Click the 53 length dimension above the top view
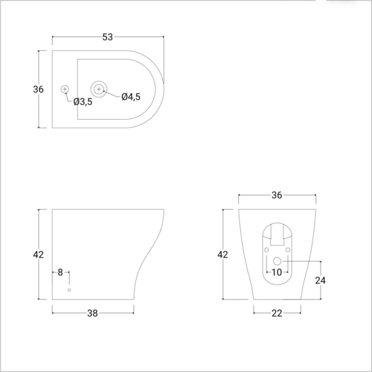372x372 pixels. (108, 37)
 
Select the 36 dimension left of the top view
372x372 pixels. (39, 89)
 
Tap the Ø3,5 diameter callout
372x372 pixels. (83, 101)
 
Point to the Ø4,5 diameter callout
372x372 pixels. (131, 97)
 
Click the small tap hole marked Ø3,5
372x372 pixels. (65, 89)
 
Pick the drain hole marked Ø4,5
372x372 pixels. (99, 89)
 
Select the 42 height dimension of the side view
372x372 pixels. (38, 254)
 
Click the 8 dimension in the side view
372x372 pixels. (60, 272)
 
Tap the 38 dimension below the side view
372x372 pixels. (93, 313)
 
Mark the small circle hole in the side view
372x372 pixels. (69, 289)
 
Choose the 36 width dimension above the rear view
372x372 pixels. (276, 195)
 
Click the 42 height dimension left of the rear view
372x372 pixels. (223, 254)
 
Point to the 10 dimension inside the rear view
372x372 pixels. (277, 272)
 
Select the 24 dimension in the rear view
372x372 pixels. (321, 279)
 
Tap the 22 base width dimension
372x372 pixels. (277, 313)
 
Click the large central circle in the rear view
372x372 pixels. (277, 260)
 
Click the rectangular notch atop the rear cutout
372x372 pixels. (277, 234)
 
